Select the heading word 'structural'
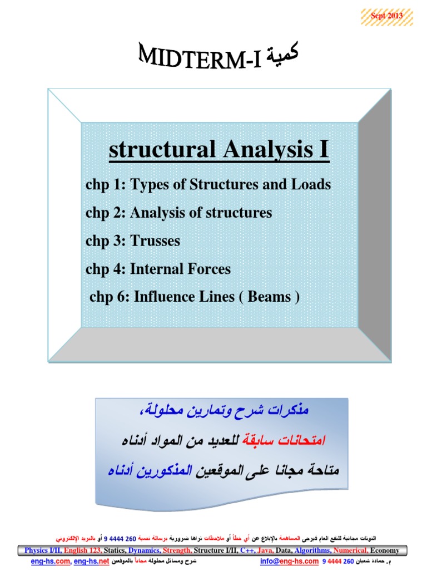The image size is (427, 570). (147, 150)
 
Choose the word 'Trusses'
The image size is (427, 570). (155, 241)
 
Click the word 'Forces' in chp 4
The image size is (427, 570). (210, 269)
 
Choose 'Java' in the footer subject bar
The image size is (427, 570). (266, 551)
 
